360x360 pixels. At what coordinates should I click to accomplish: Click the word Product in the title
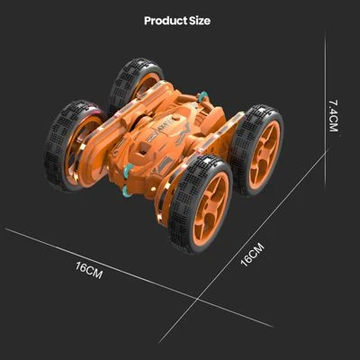click(166, 21)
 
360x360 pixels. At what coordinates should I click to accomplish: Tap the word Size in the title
click(200, 21)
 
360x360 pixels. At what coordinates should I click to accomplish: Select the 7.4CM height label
click(333, 115)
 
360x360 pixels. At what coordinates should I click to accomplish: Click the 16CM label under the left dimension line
click(89, 269)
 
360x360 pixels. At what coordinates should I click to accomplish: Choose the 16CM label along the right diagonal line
click(252, 255)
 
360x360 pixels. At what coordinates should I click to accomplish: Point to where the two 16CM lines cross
click(197, 299)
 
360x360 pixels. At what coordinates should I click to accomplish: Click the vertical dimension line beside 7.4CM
click(326, 110)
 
